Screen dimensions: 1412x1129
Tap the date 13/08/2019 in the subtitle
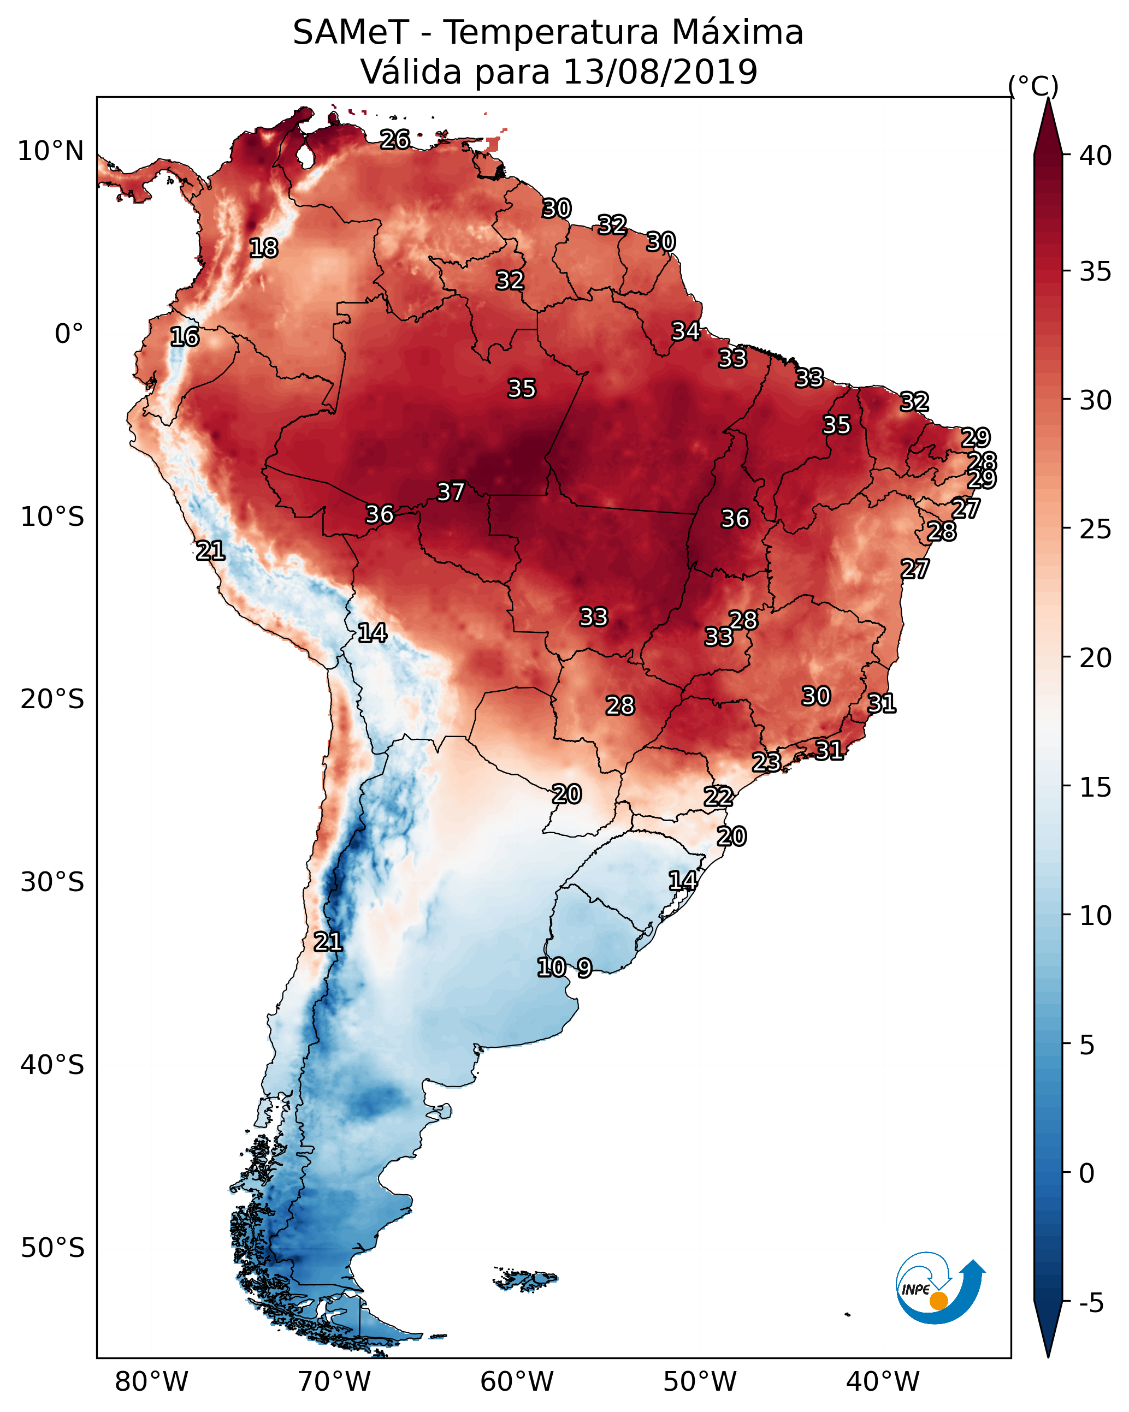click(x=660, y=72)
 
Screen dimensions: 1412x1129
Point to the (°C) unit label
click(x=1033, y=86)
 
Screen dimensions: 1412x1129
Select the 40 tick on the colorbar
click(x=1096, y=156)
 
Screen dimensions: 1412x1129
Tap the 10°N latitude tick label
click(x=50, y=151)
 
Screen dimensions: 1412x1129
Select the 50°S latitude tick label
click(x=52, y=1248)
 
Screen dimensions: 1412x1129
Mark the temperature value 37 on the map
click(x=451, y=492)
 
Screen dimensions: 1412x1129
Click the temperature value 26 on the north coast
click(x=395, y=139)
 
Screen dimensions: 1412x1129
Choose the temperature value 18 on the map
click(x=263, y=248)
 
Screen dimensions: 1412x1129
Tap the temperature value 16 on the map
click(x=185, y=337)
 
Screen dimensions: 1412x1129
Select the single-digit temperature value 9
click(x=584, y=968)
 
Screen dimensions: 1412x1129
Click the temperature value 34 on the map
click(x=685, y=331)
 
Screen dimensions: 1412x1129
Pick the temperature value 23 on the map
click(x=766, y=762)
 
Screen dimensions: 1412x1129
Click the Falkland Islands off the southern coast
click(x=526, y=1278)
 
